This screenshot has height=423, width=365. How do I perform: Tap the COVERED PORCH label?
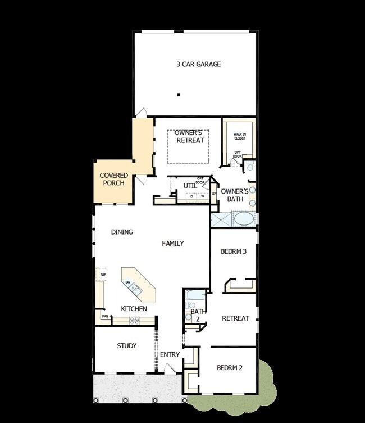(x=114, y=179)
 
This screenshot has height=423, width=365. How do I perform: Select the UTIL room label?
(x=190, y=186)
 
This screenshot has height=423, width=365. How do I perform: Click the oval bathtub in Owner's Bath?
(x=244, y=218)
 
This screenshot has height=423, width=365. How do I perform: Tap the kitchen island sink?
(x=134, y=289)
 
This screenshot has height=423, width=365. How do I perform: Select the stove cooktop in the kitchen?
(x=135, y=321)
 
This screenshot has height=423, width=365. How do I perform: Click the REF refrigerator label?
(x=103, y=274)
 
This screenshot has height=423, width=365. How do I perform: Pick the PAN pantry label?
(x=105, y=317)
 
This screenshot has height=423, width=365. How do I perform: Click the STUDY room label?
(x=126, y=346)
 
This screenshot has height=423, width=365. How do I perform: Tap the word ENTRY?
(x=170, y=355)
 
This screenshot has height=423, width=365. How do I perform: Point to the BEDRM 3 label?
(x=234, y=251)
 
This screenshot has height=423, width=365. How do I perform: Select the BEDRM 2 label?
(x=229, y=368)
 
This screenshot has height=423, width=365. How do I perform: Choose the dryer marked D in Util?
(x=191, y=196)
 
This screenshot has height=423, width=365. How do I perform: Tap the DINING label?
(x=122, y=232)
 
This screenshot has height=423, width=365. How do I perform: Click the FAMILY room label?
(x=173, y=244)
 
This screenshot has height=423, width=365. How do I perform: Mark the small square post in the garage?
(x=179, y=95)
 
